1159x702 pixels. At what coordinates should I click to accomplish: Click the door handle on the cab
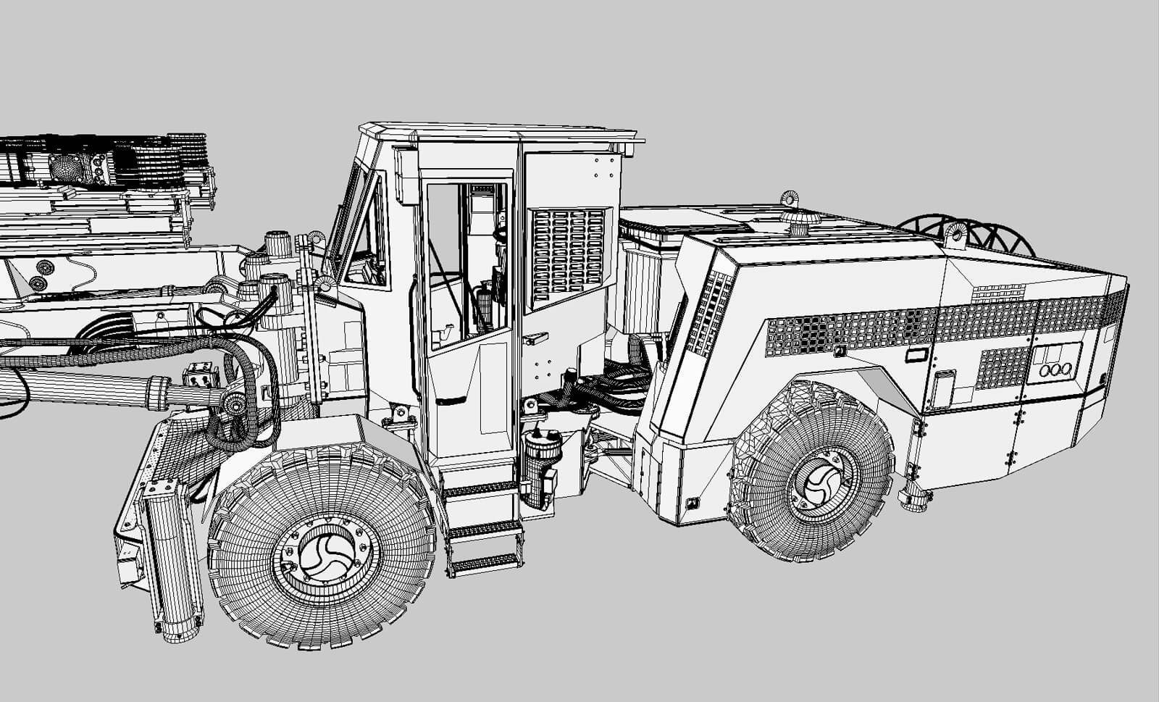535,338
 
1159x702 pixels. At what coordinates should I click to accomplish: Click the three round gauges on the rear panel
1055,369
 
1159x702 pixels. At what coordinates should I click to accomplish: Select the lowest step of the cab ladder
483,563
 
